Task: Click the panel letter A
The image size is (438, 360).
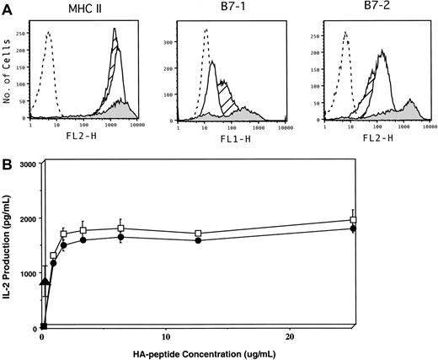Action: pyautogui.click(x=7, y=8)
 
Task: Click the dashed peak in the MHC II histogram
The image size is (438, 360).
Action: pyautogui.click(x=49, y=34)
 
